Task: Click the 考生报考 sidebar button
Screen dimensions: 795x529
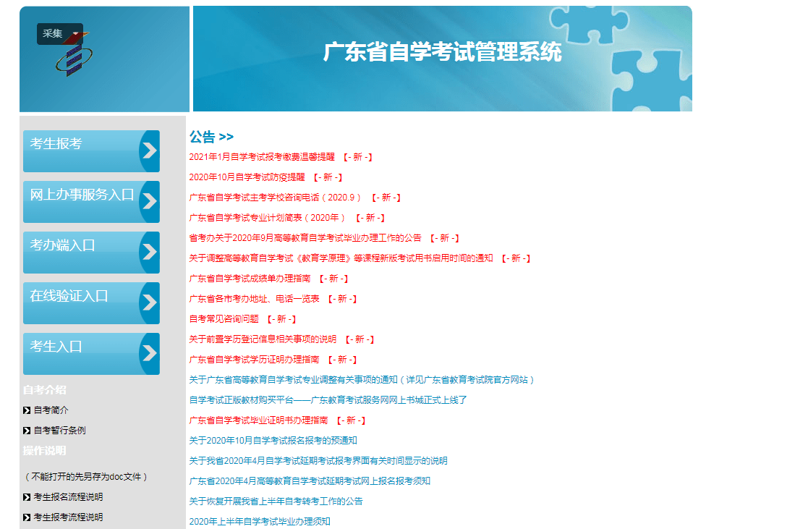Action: tap(91, 151)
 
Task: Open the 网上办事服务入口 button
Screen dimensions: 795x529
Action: tap(91, 202)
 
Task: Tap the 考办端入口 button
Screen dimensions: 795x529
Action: tap(91, 253)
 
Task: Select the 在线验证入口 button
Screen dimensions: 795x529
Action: tap(91, 303)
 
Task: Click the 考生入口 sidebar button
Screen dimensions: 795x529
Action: tap(91, 354)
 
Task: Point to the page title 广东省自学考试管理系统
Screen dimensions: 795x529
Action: tap(442, 52)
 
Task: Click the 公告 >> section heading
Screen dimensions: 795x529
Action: tap(211, 137)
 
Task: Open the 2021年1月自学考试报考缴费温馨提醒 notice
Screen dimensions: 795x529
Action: tap(262, 157)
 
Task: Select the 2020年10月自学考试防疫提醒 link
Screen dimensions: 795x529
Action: tap(247, 177)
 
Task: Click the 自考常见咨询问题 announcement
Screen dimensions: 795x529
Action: tap(224, 319)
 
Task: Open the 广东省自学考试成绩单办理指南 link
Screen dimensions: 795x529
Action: tap(250, 279)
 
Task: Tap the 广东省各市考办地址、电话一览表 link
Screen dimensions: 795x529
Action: tap(254, 299)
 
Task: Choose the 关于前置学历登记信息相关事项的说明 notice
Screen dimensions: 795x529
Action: tap(263, 339)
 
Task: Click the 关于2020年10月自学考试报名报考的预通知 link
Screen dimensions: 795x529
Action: tap(273, 440)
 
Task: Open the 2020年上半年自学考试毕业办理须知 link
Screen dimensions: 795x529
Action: tap(260, 521)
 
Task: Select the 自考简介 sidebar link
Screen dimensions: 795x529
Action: tap(51, 410)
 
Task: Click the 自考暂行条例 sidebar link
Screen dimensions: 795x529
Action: tap(59, 431)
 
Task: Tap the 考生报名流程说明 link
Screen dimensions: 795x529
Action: tap(68, 497)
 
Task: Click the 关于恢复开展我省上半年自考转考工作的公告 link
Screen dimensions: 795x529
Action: tap(276, 501)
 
